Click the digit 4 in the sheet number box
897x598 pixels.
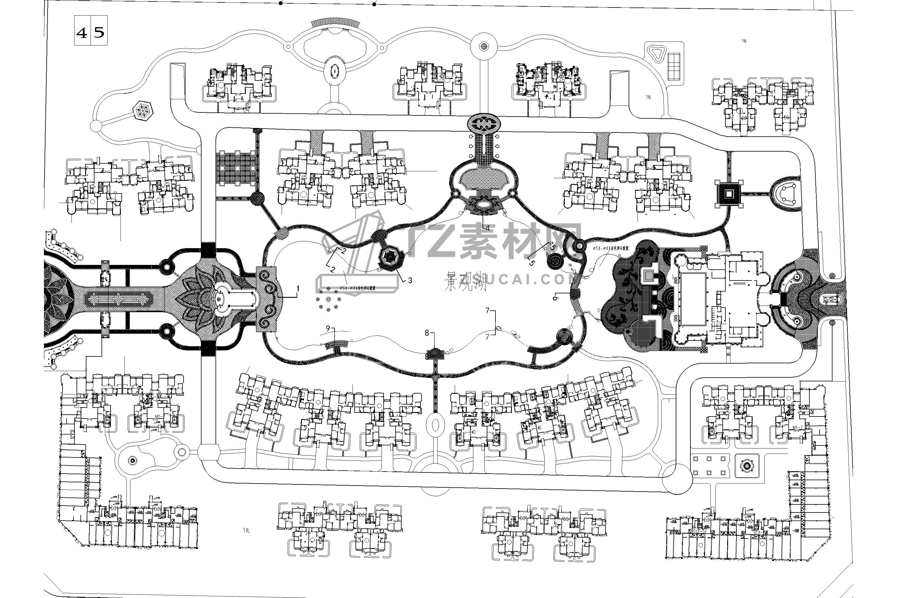tap(82, 33)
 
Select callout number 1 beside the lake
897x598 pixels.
tap(298, 289)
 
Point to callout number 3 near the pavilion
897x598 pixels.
tap(410, 280)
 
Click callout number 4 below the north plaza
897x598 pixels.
tap(487, 228)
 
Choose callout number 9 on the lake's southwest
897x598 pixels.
tap(328, 328)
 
